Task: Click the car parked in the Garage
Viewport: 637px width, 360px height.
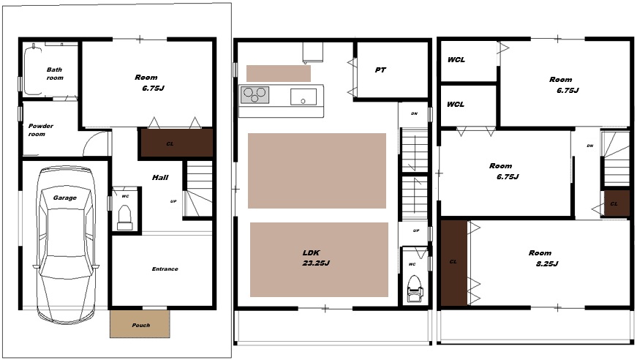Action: click(x=65, y=244)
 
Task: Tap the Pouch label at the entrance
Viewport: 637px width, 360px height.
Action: click(x=141, y=325)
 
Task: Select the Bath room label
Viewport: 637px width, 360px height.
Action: click(x=55, y=74)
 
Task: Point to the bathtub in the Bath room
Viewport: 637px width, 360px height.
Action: click(x=32, y=71)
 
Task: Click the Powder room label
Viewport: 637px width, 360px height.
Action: click(x=41, y=130)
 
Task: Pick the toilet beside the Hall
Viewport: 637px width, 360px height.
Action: click(x=125, y=217)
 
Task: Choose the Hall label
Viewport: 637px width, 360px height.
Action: click(x=160, y=177)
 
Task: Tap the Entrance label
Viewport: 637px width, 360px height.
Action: click(x=165, y=269)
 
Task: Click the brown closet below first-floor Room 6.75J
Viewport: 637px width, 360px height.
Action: click(x=177, y=143)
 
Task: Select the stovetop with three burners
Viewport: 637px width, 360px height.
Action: click(x=255, y=94)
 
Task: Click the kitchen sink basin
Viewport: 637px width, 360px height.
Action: click(x=303, y=97)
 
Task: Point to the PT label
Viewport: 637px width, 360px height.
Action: click(x=380, y=70)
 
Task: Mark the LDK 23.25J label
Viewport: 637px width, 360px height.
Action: click(x=315, y=258)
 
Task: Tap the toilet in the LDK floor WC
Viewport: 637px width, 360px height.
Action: click(x=415, y=288)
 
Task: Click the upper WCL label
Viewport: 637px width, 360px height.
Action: click(x=456, y=60)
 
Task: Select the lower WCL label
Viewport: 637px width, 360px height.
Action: click(x=456, y=105)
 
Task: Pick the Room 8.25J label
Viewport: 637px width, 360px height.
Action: click(x=543, y=258)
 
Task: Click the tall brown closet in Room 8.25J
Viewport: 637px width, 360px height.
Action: click(x=453, y=263)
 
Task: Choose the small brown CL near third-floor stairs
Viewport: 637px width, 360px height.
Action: click(x=614, y=203)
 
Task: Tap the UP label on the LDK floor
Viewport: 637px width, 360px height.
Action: click(x=416, y=230)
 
